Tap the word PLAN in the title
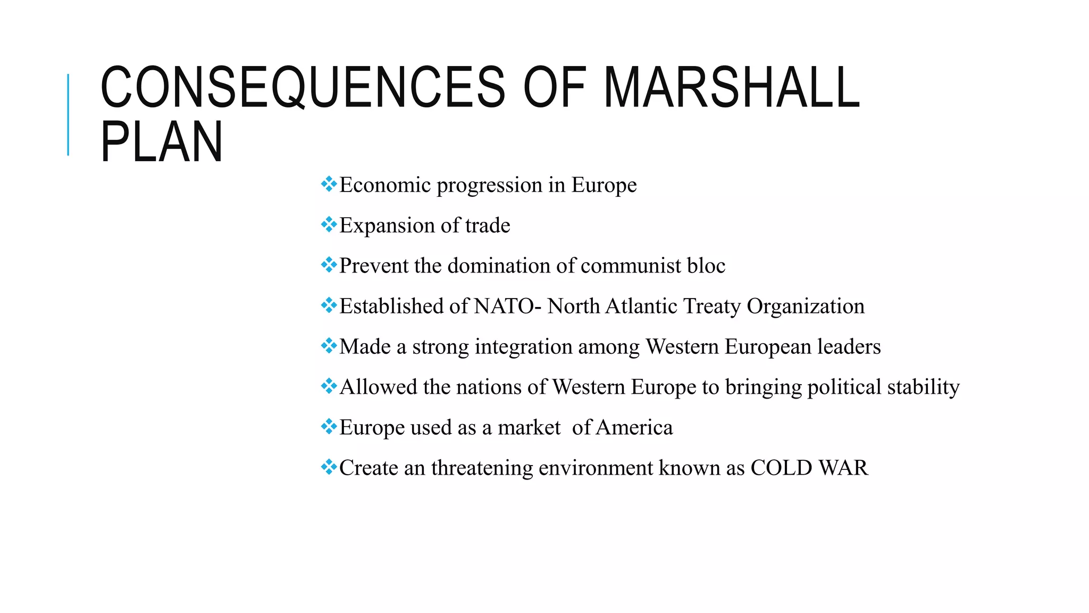point(162,142)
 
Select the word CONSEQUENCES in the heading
point(302,87)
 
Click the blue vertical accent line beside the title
point(68,115)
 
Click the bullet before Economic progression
point(329,184)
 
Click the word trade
point(487,225)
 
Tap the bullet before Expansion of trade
point(329,225)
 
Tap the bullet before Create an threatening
point(329,467)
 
